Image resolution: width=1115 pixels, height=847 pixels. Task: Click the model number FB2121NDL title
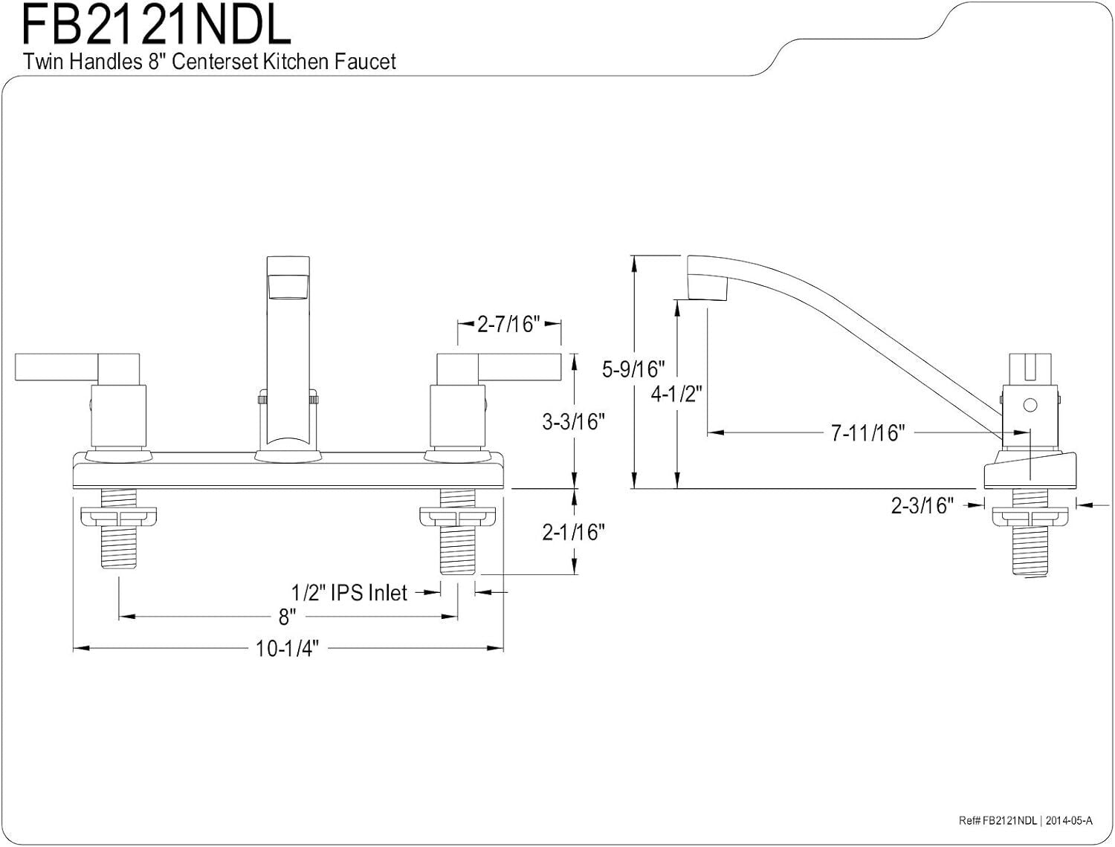156,26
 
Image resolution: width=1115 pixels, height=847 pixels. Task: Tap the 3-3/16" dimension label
573,421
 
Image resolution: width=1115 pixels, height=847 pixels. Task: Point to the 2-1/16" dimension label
573,532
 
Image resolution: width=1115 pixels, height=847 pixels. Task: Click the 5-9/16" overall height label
633,369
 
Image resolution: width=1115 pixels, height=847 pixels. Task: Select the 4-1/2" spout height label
676,393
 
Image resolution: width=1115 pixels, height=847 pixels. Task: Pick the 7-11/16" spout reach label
867,432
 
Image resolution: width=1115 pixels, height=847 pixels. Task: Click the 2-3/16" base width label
922,506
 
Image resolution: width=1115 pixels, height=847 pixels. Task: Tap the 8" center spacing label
287,616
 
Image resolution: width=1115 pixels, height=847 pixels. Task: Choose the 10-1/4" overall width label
287,649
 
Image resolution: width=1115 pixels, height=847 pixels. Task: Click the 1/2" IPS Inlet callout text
349,592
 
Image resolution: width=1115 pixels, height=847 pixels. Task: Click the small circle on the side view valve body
1030,406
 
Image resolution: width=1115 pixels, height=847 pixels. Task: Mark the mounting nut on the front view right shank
457,516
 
